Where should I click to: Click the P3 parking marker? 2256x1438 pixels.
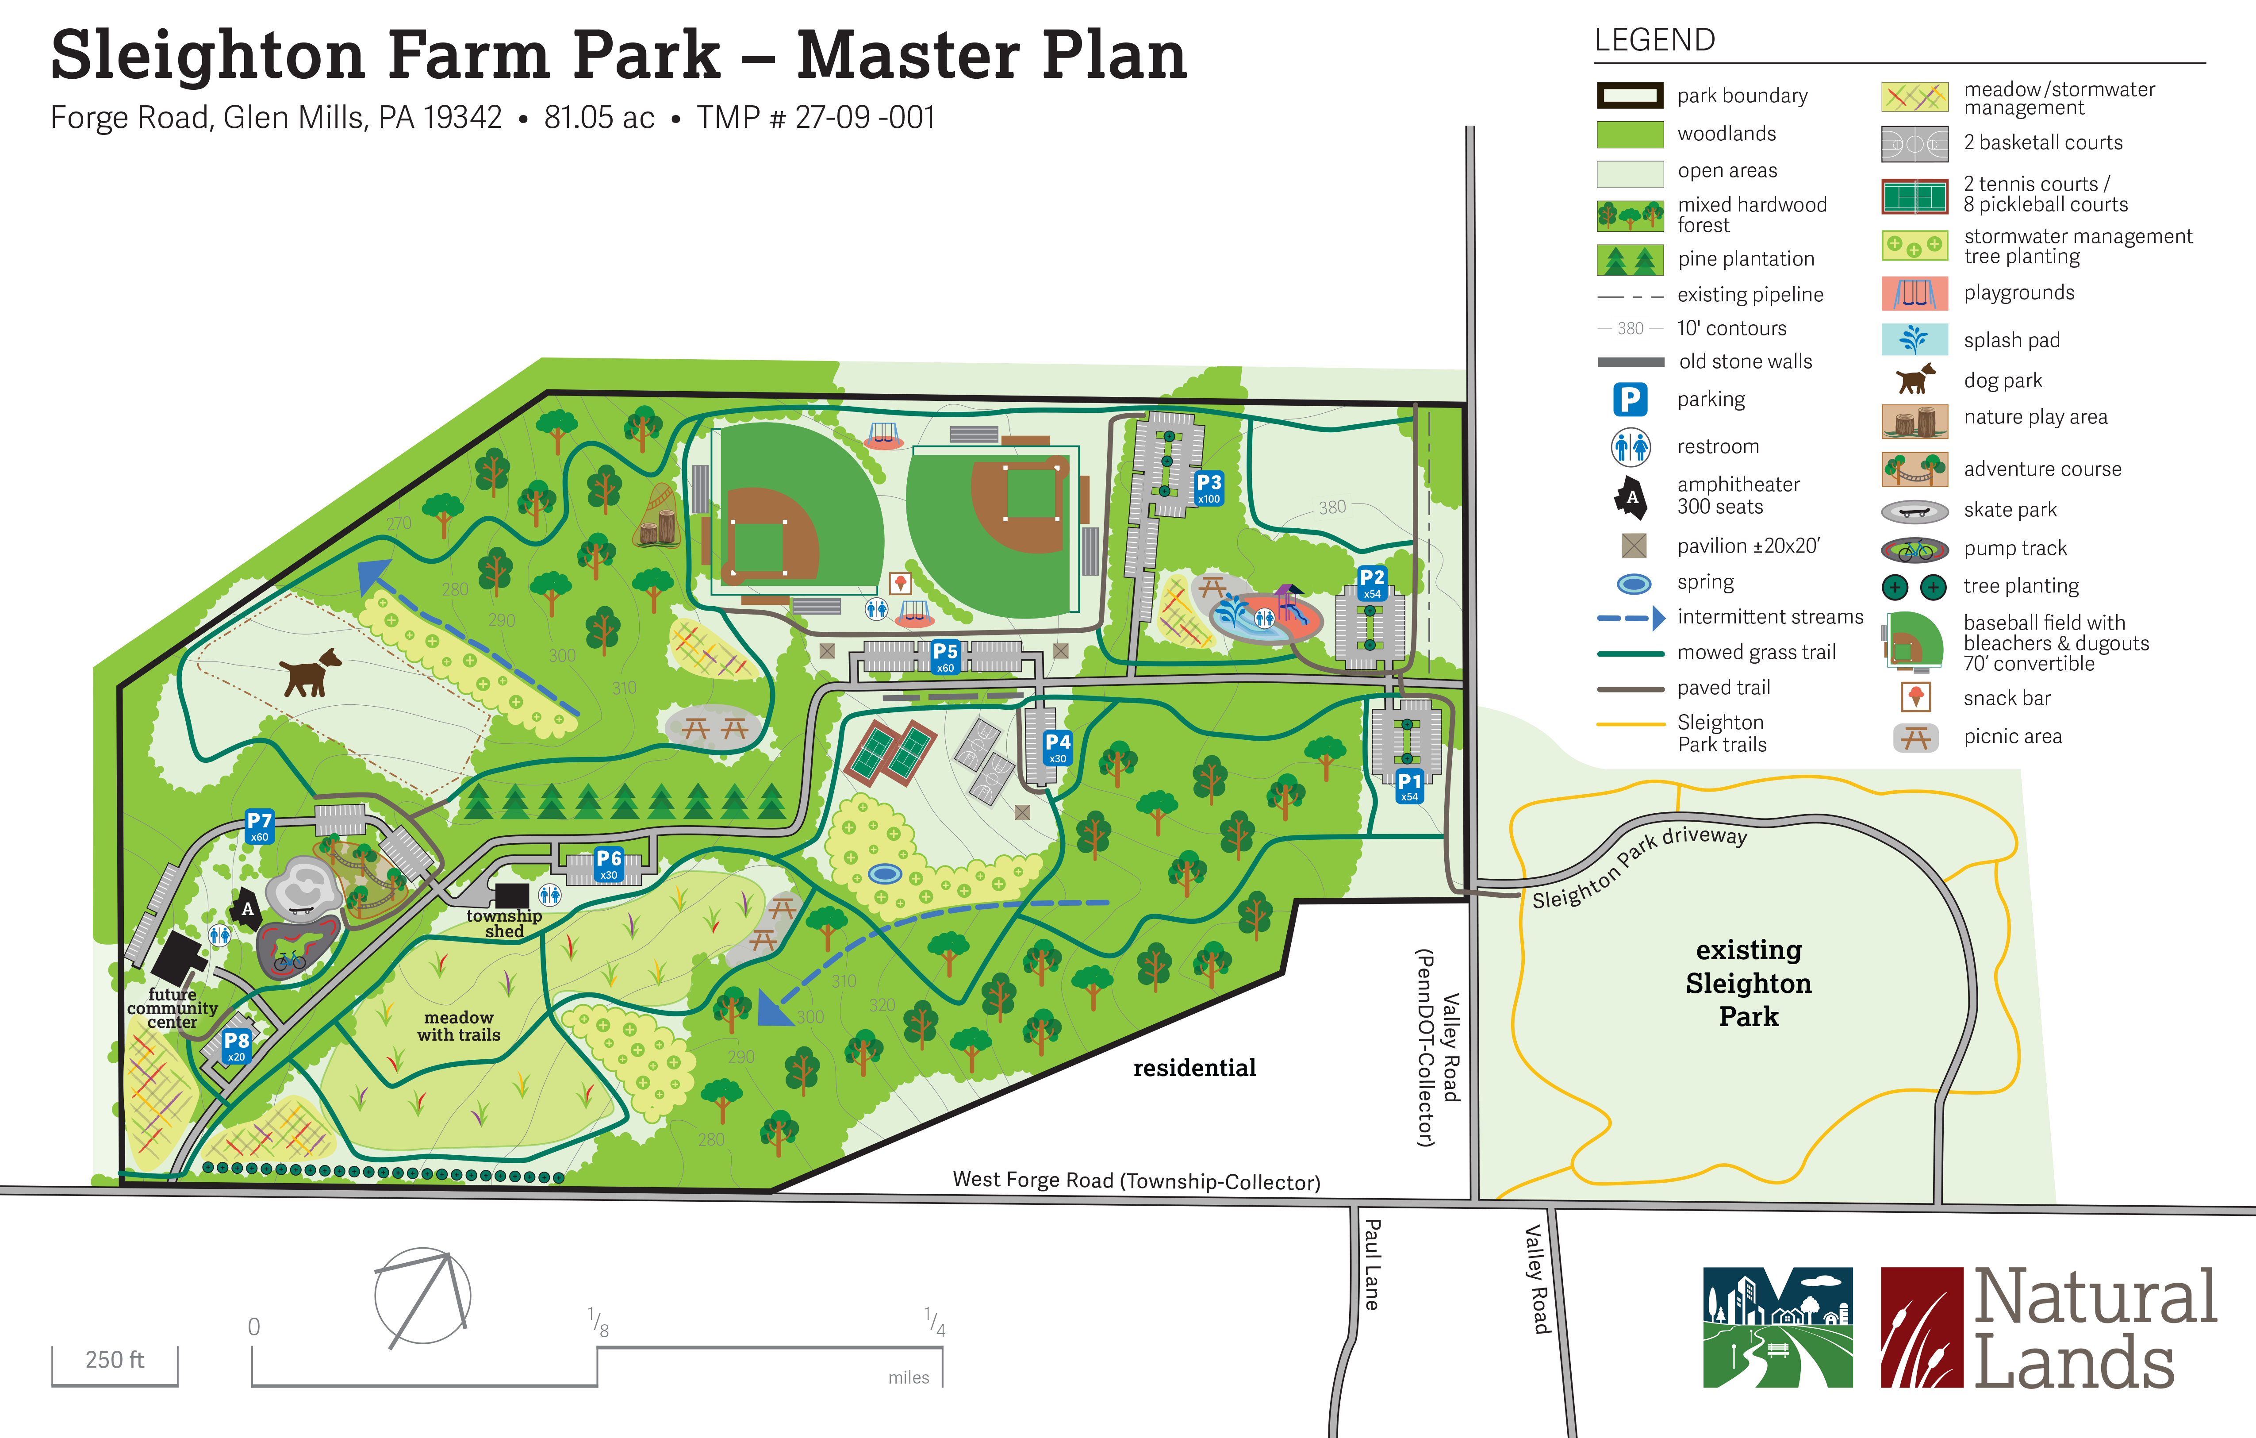pos(1209,487)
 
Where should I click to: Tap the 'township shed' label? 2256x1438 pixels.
pos(504,923)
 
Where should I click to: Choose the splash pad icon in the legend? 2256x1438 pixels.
pos(1914,339)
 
